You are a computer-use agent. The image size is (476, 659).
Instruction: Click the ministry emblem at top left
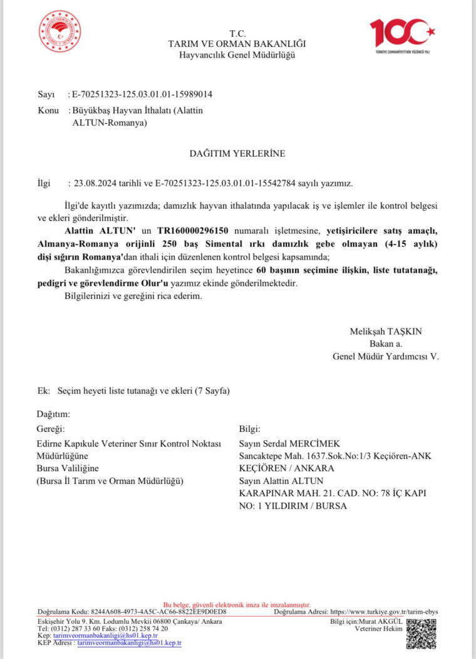pos(59,31)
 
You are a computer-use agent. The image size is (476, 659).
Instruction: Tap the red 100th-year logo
pos(401,34)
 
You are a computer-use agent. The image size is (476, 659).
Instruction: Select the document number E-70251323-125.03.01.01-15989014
pos(143,95)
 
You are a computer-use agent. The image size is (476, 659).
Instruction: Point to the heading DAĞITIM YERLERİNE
pos(237,153)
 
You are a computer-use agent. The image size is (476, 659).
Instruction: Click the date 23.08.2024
pos(93,184)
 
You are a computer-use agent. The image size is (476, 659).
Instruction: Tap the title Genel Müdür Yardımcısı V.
pos(386,356)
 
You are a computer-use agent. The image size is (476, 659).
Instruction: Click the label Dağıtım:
pos(53,414)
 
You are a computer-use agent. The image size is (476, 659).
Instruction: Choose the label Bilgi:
pos(249,430)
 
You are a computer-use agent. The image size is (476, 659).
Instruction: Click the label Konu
pos(47,111)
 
